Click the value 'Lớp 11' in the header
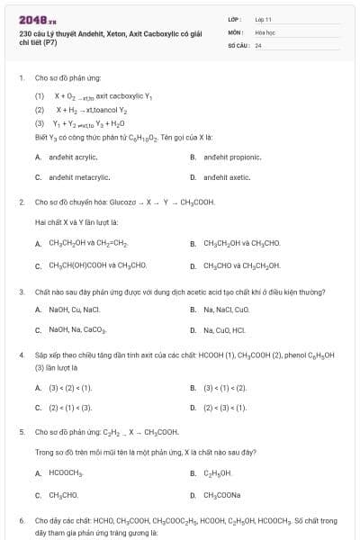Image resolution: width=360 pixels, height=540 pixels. click(x=263, y=18)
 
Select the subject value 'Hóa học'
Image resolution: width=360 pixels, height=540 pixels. click(x=265, y=31)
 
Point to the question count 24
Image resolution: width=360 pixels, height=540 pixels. click(x=258, y=44)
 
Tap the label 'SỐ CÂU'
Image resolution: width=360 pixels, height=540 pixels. click(x=238, y=44)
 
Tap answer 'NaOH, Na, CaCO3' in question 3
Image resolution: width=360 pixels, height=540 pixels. click(x=77, y=330)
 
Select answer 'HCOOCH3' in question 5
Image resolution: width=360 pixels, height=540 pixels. click(x=66, y=472)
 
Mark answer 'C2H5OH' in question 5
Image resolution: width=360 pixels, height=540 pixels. click(x=218, y=472)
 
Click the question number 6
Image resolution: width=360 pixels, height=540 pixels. click(x=22, y=520)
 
